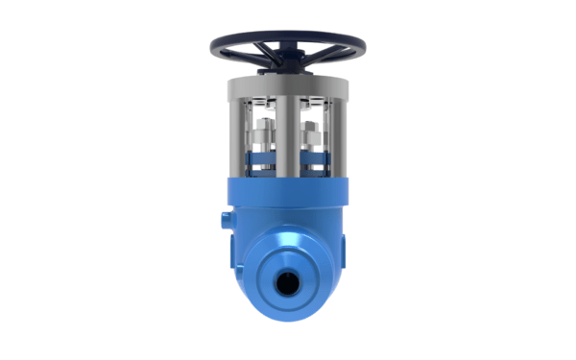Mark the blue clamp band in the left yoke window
click(x=261, y=159)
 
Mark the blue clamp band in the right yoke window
click(x=314, y=159)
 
